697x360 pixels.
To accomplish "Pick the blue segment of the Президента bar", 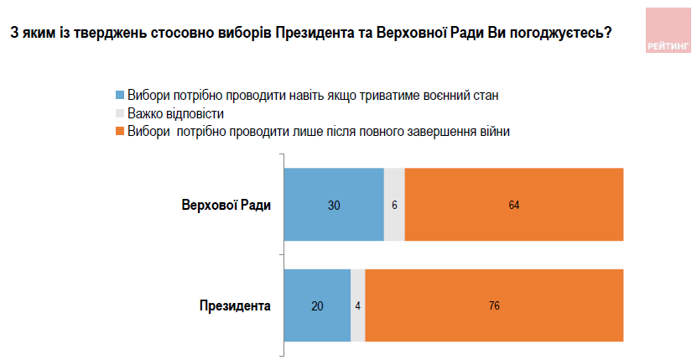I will tap(317, 305).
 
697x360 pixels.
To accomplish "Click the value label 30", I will tap(334, 206).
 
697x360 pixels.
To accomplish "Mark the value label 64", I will tap(514, 206).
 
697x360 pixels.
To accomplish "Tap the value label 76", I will tap(494, 306).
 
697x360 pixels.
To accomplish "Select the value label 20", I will tap(317, 306).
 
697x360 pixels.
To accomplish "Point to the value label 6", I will tap(394, 206).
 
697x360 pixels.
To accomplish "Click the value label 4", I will tap(358, 306).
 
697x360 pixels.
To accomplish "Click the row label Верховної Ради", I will tap(226, 206).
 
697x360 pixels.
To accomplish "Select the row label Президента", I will tap(235, 306).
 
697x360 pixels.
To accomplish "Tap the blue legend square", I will tap(120, 95).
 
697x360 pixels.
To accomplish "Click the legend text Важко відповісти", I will tap(175, 113).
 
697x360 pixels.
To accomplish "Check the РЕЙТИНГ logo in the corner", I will tap(667, 30).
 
